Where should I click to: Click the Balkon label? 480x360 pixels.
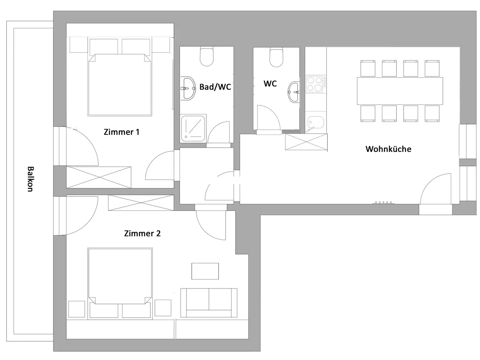coord(30,179)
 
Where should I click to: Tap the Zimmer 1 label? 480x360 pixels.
coord(121,132)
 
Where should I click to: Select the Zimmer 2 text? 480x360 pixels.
coord(142,234)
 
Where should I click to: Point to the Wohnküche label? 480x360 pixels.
coord(388,149)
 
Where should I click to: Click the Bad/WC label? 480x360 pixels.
coord(215,87)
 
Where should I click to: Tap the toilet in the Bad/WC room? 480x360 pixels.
coord(207,56)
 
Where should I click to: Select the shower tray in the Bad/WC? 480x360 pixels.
coord(193,128)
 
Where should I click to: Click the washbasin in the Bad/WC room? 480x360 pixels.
coord(188,88)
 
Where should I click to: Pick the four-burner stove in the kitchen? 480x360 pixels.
coord(315,84)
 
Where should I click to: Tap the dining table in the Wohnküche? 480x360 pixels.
coord(400,91)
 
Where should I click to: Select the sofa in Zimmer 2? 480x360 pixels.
coord(209,303)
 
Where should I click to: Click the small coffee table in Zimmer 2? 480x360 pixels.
coord(205,271)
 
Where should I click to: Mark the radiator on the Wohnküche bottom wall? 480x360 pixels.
coord(384,203)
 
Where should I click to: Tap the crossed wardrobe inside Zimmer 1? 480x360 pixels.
coord(99,177)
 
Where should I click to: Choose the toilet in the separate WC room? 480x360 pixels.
coord(276,57)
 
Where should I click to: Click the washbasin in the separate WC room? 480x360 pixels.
coord(294,92)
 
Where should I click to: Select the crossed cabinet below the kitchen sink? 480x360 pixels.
coord(306,142)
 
